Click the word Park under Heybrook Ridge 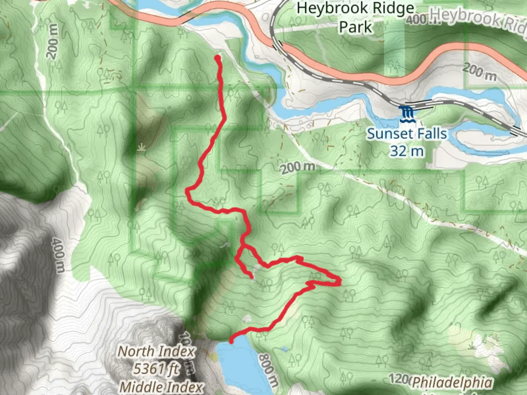355,27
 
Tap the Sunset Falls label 407,134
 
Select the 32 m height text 407,151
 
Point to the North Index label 156,352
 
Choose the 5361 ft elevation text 156,369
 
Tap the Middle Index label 161,387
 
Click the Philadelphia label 452,383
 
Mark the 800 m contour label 268,369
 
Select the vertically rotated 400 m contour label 58,255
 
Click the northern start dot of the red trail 218,58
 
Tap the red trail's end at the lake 231,341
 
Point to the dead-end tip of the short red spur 252,278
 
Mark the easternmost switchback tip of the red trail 340,281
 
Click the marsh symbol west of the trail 141,147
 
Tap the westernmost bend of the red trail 188,191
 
